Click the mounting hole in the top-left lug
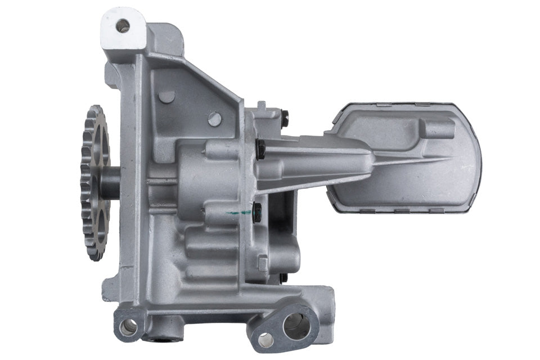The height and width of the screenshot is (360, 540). (x=122, y=25)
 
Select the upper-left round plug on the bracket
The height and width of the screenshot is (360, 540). (x=166, y=96)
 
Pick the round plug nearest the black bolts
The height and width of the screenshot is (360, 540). (x=214, y=119)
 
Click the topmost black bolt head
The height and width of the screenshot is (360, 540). (x=285, y=118)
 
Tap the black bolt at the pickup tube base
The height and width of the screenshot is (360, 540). (x=260, y=149)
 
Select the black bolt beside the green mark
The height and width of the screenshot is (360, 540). (x=258, y=211)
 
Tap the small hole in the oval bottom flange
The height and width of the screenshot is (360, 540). (x=264, y=339)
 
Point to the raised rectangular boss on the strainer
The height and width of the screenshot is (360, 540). (x=439, y=129)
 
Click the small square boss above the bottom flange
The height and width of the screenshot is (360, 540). (x=263, y=262)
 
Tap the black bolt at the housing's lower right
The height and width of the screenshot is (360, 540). (x=283, y=277)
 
